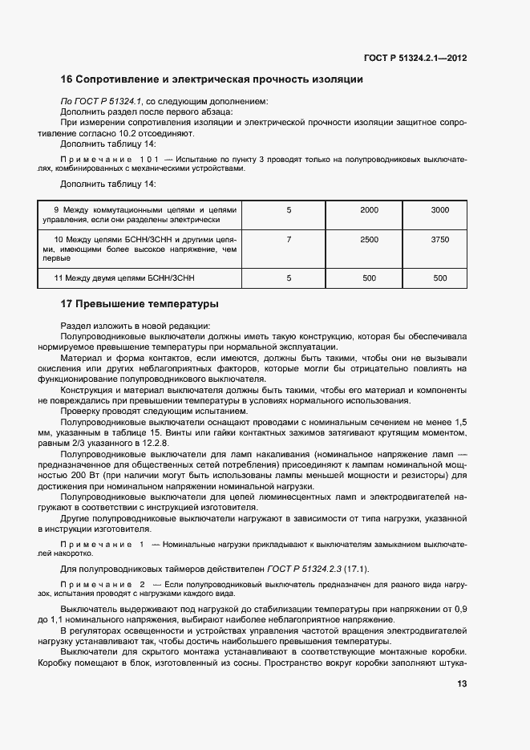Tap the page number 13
click(462, 684)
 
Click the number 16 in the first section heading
click(67, 79)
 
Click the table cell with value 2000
click(369, 209)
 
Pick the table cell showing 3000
click(439, 209)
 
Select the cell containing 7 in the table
click(289, 239)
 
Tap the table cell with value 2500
click(369, 239)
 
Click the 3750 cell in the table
click(439, 239)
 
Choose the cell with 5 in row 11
click(289, 278)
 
